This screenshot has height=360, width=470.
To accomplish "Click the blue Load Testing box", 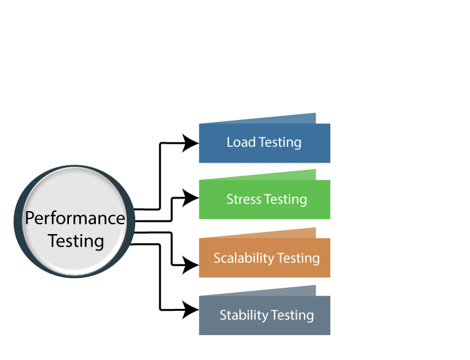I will point(265,143).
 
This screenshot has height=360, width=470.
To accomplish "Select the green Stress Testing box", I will point(265,200).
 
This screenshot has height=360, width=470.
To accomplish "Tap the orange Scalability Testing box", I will point(265,258).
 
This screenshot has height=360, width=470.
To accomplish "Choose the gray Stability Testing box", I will point(265,315).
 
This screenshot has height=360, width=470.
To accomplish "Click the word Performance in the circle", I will point(75,218).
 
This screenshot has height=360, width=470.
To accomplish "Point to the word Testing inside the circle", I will point(76,241).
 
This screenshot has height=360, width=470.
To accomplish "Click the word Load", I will point(241,142).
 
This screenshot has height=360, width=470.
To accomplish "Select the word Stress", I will point(243,199).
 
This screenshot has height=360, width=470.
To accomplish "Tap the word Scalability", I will point(243,258).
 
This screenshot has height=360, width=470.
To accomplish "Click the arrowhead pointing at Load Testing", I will point(190,142).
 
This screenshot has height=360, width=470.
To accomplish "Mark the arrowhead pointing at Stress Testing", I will point(190,197).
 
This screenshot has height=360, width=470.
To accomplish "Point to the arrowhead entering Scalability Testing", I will point(190,266).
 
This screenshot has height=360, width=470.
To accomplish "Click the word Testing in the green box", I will point(285,199).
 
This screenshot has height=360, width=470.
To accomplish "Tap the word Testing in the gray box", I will point(292,315).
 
